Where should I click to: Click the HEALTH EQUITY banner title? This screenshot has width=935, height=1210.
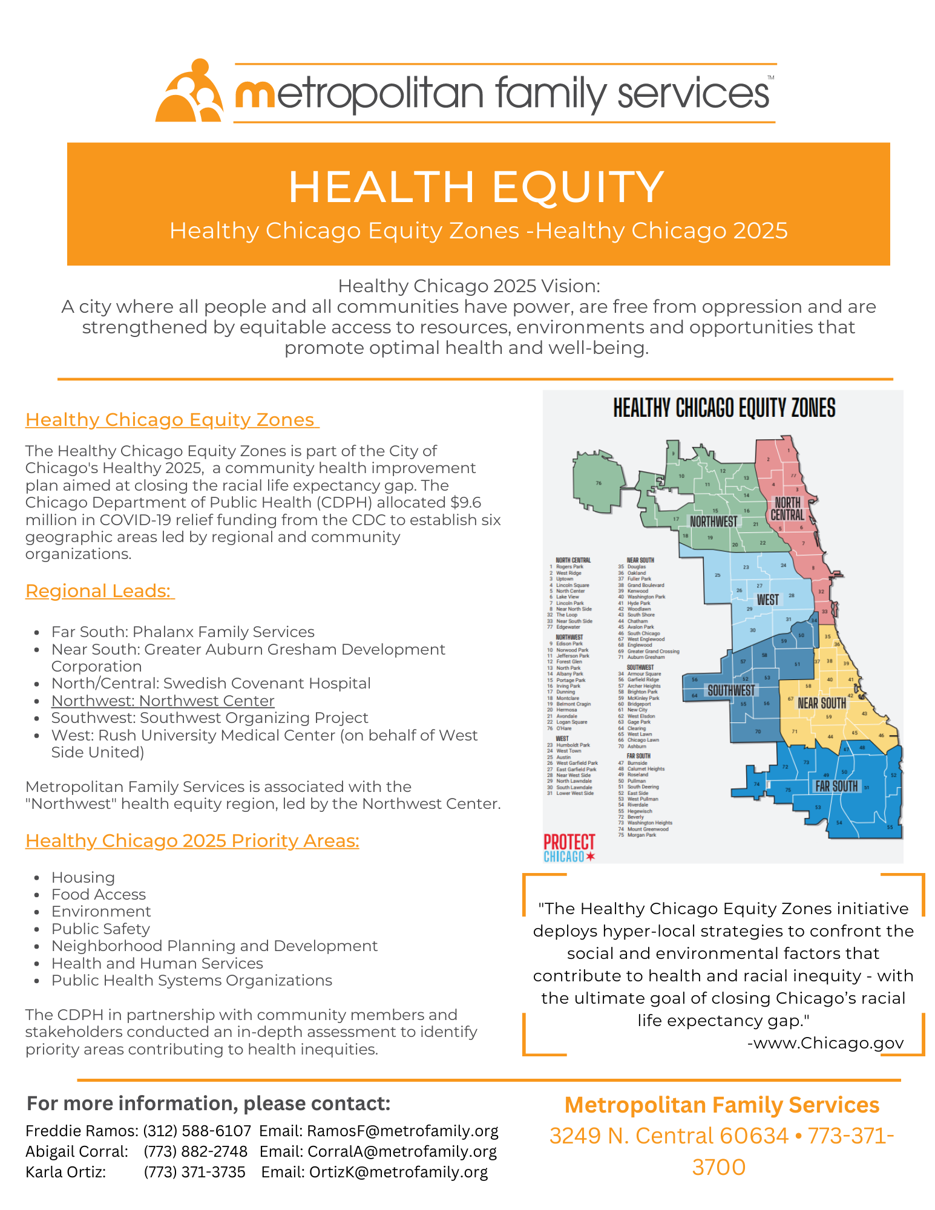tap(476, 187)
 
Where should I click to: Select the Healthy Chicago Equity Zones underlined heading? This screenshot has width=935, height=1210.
tap(171, 419)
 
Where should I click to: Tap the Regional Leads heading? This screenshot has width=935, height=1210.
tap(99, 590)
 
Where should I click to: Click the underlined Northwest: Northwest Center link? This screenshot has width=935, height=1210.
tap(163, 701)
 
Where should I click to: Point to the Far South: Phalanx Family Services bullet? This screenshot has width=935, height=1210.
tap(183, 632)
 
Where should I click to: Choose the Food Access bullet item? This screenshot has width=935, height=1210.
tap(99, 894)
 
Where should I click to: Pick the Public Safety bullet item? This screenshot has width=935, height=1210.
tap(100, 929)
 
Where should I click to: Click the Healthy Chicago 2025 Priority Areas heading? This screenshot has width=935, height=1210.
tap(192, 840)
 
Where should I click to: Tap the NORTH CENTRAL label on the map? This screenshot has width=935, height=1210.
tap(787, 509)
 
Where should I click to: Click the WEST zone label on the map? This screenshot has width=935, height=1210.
tap(768, 600)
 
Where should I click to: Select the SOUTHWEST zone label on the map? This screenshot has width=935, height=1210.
tap(731, 690)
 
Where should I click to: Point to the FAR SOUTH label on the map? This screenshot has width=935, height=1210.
tap(836, 786)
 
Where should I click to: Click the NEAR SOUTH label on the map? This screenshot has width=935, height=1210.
tap(822, 703)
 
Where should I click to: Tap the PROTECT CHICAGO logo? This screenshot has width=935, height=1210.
tap(569, 847)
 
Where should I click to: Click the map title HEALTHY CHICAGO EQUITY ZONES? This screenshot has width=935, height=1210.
tap(724, 408)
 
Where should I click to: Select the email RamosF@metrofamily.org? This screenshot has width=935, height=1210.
tap(402, 1131)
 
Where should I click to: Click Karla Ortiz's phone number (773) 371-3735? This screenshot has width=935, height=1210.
tap(195, 1172)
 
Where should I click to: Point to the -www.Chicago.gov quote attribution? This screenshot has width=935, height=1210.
tap(825, 1042)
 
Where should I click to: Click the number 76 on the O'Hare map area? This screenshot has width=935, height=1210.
tap(599, 483)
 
